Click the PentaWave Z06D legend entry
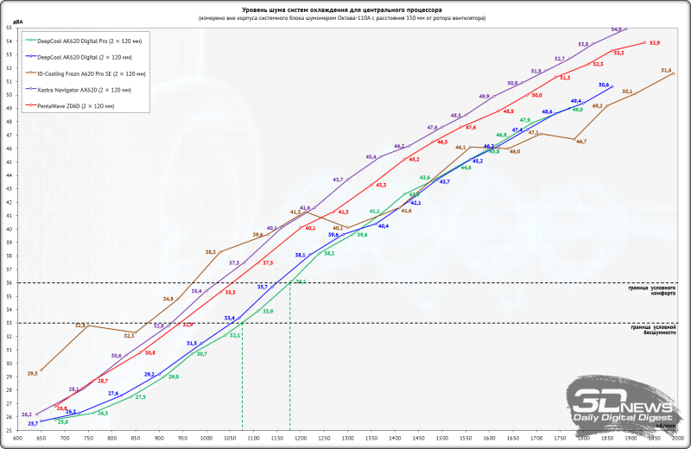[75, 105]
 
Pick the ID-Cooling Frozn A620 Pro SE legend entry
[90, 73]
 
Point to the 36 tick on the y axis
[10, 282]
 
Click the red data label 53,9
[654, 42]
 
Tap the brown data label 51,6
[666, 70]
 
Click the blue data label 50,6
[603, 84]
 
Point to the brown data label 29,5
[33, 373]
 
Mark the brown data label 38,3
[210, 251]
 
